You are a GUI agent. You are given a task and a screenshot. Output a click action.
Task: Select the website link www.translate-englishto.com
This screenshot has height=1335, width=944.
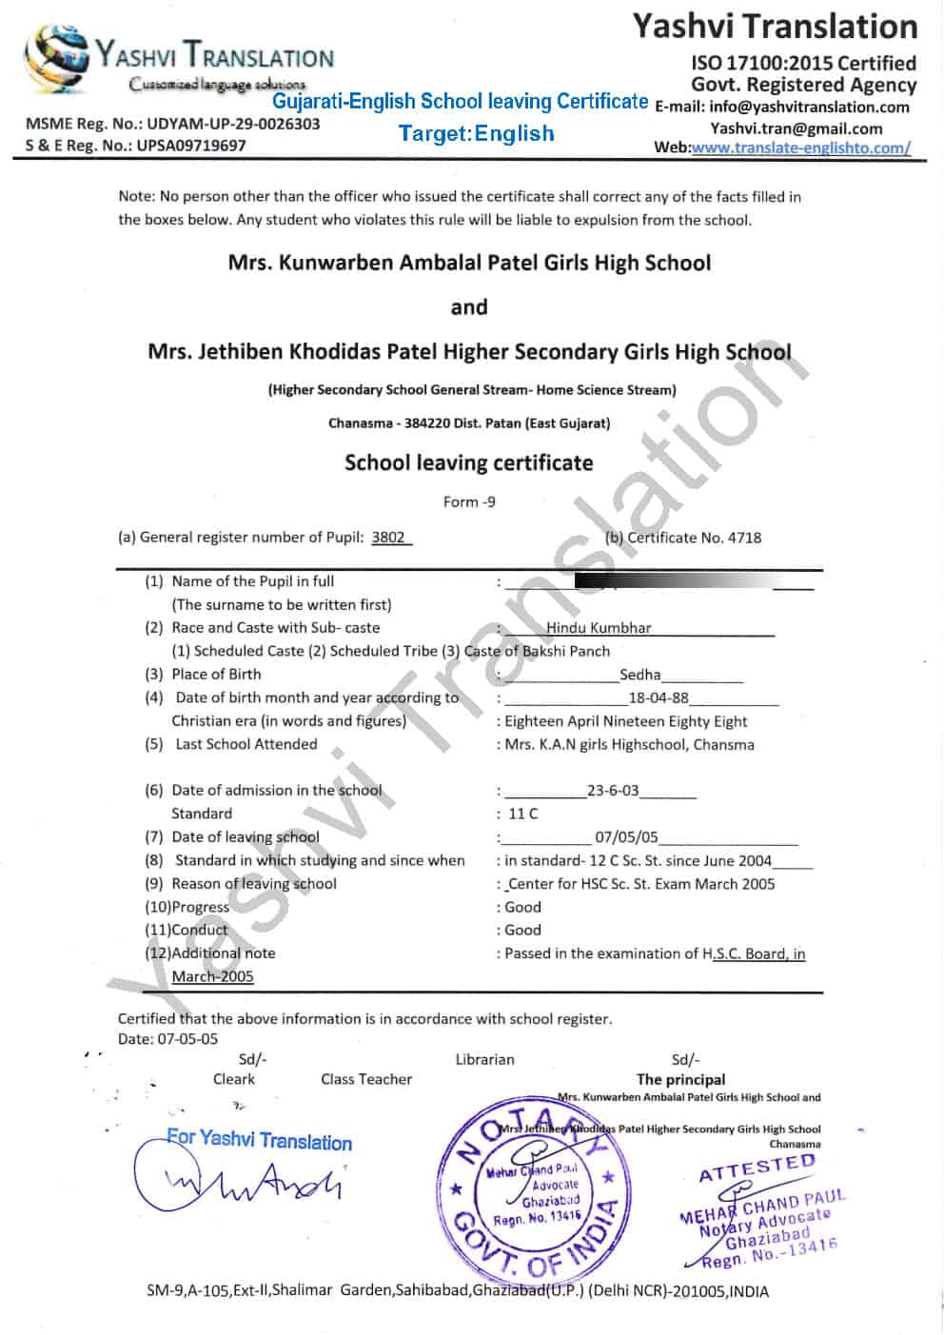pyautogui.click(x=800, y=147)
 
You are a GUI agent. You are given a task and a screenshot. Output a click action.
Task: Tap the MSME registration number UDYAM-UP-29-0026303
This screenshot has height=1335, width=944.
pyautogui.click(x=233, y=124)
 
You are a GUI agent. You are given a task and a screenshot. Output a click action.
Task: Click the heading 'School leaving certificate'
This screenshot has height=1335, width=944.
pyautogui.click(x=468, y=463)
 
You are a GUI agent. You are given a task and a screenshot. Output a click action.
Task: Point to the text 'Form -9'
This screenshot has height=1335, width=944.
pyautogui.click(x=469, y=501)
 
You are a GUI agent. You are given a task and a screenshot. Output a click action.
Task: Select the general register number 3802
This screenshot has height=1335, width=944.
pyautogui.click(x=388, y=537)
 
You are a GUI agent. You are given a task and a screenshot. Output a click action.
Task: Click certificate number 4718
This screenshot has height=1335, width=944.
pyautogui.click(x=744, y=538)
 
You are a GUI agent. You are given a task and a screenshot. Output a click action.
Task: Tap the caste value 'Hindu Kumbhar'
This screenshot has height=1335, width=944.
pyautogui.click(x=599, y=628)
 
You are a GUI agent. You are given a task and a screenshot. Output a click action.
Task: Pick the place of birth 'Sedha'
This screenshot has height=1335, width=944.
pyautogui.click(x=639, y=675)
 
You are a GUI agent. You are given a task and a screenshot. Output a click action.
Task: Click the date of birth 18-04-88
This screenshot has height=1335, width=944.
pyautogui.click(x=659, y=697)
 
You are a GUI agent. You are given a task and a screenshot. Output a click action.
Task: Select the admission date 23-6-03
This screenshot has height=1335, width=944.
pyautogui.click(x=613, y=791)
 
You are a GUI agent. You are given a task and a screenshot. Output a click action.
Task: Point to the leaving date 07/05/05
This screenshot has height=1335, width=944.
pyautogui.click(x=626, y=837)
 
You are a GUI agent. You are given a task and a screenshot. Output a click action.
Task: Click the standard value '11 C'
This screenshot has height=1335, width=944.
pyautogui.click(x=522, y=814)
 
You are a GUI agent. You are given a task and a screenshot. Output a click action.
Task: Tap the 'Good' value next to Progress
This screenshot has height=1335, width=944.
pyautogui.click(x=522, y=907)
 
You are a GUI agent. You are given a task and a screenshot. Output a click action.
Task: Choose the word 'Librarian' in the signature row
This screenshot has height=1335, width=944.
pyautogui.click(x=484, y=1059)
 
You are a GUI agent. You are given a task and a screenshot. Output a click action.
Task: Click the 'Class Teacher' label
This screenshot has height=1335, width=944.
pyautogui.click(x=366, y=1079)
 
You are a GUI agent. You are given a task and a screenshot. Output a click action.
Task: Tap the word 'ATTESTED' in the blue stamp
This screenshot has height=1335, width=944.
pyautogui.click(x=757, y=1168)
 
